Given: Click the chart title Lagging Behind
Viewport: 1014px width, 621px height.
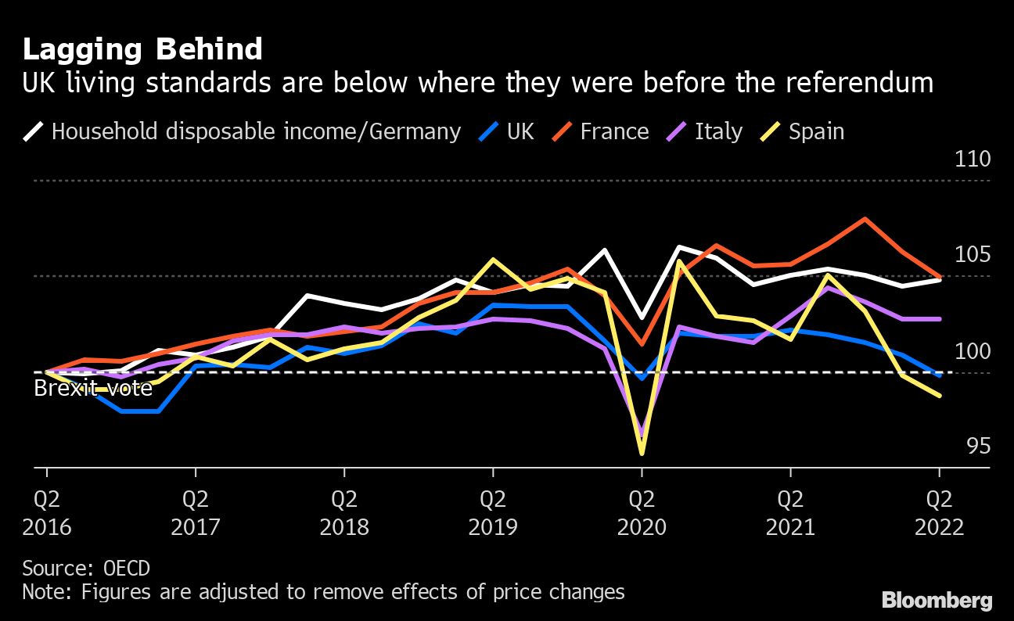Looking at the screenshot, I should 142,49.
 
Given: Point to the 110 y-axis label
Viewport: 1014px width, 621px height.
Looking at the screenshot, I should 973,159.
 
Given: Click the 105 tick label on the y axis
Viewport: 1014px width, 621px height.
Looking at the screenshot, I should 973,255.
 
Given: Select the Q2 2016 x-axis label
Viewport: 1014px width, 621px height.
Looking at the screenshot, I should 47,512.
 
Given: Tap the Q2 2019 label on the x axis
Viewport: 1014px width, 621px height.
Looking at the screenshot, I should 493,512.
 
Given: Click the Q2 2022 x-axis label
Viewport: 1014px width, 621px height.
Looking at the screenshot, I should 939,512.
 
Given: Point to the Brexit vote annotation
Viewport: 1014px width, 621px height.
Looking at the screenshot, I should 93,388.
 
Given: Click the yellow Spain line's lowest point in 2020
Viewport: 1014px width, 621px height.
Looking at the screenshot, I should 642,453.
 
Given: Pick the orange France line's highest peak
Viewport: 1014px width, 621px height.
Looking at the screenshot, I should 865,219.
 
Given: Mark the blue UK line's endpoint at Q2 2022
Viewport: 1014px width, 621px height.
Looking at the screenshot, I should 939,375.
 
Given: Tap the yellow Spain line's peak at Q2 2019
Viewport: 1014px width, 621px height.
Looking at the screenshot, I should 493,260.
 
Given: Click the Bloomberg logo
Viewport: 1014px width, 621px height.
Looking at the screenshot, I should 937,601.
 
